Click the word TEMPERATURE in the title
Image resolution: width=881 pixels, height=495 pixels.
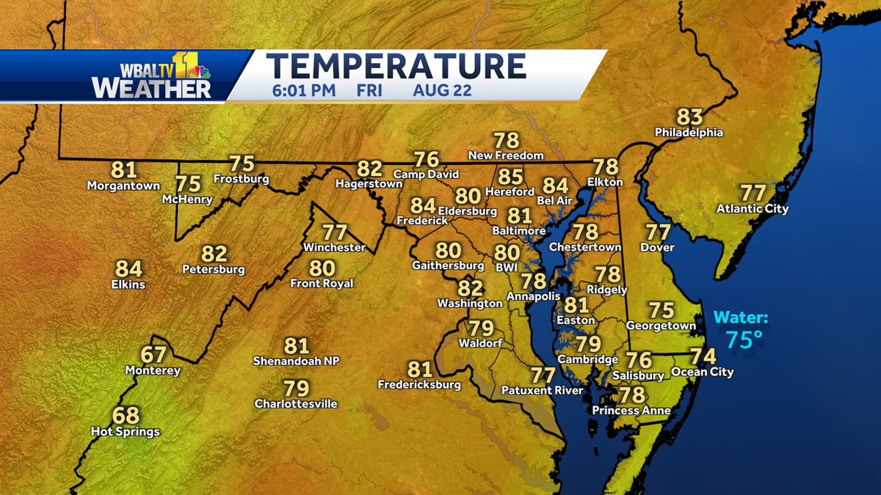(x=396, y=66)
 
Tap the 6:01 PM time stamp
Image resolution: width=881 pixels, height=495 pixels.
(x=304, y=91)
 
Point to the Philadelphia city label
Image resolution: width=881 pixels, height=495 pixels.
(x=689, y=133)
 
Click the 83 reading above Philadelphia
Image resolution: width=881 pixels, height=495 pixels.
(x=689, y=117)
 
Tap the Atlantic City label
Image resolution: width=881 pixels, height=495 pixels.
(x=753, y=209)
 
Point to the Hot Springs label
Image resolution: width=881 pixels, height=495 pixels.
(x=125, y=431)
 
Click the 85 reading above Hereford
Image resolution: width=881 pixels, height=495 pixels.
(x=510, y=177)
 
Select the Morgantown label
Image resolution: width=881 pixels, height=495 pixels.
(x=123, y=186)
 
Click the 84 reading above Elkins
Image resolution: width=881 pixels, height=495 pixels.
(x=128, y=269)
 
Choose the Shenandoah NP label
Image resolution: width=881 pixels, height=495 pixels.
(x=296, y=361)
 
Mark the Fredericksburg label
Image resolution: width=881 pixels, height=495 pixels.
(x=419, y=384)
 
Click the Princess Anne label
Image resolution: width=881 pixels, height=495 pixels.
(x=631, y=411)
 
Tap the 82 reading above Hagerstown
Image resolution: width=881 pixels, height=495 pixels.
(x=369, y=169)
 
